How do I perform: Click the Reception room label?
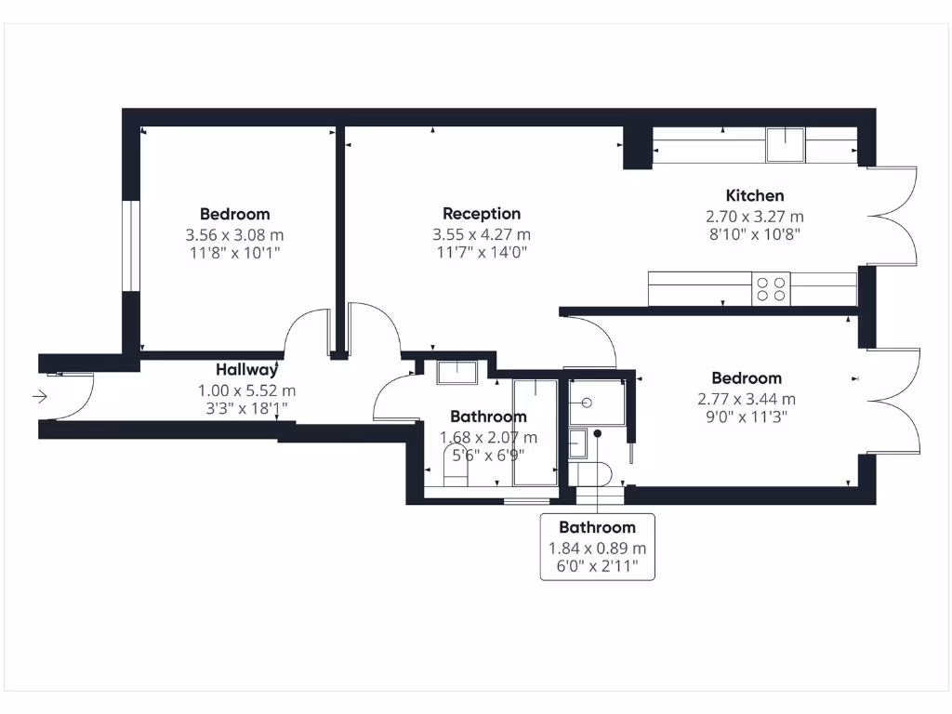pos(482,214)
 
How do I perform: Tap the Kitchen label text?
pos(754,195)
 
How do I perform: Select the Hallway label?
pos(246,369)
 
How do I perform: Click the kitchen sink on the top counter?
pos(785,145)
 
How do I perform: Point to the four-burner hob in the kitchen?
pos(770,288)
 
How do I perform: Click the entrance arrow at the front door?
pos(40,397)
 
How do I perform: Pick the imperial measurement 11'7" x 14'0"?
pos(482,253)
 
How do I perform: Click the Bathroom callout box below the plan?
pos(597,547)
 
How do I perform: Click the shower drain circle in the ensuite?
pos(587,403)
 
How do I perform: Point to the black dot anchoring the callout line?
pos(597,433)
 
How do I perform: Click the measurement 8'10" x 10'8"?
pos(754,234)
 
